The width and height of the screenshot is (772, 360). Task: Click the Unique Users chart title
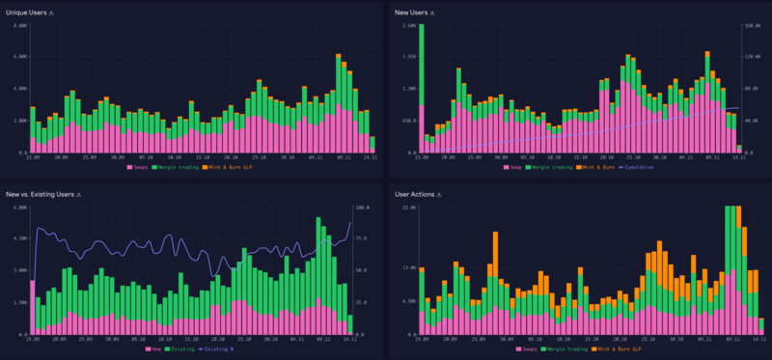pos(26,13)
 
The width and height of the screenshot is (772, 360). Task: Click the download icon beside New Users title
pos(433,13)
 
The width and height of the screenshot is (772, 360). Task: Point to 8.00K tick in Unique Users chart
pos(20,25)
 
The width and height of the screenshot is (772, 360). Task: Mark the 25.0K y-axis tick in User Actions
pos(407,207)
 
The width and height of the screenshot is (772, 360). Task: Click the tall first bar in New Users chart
pos(422,87)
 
